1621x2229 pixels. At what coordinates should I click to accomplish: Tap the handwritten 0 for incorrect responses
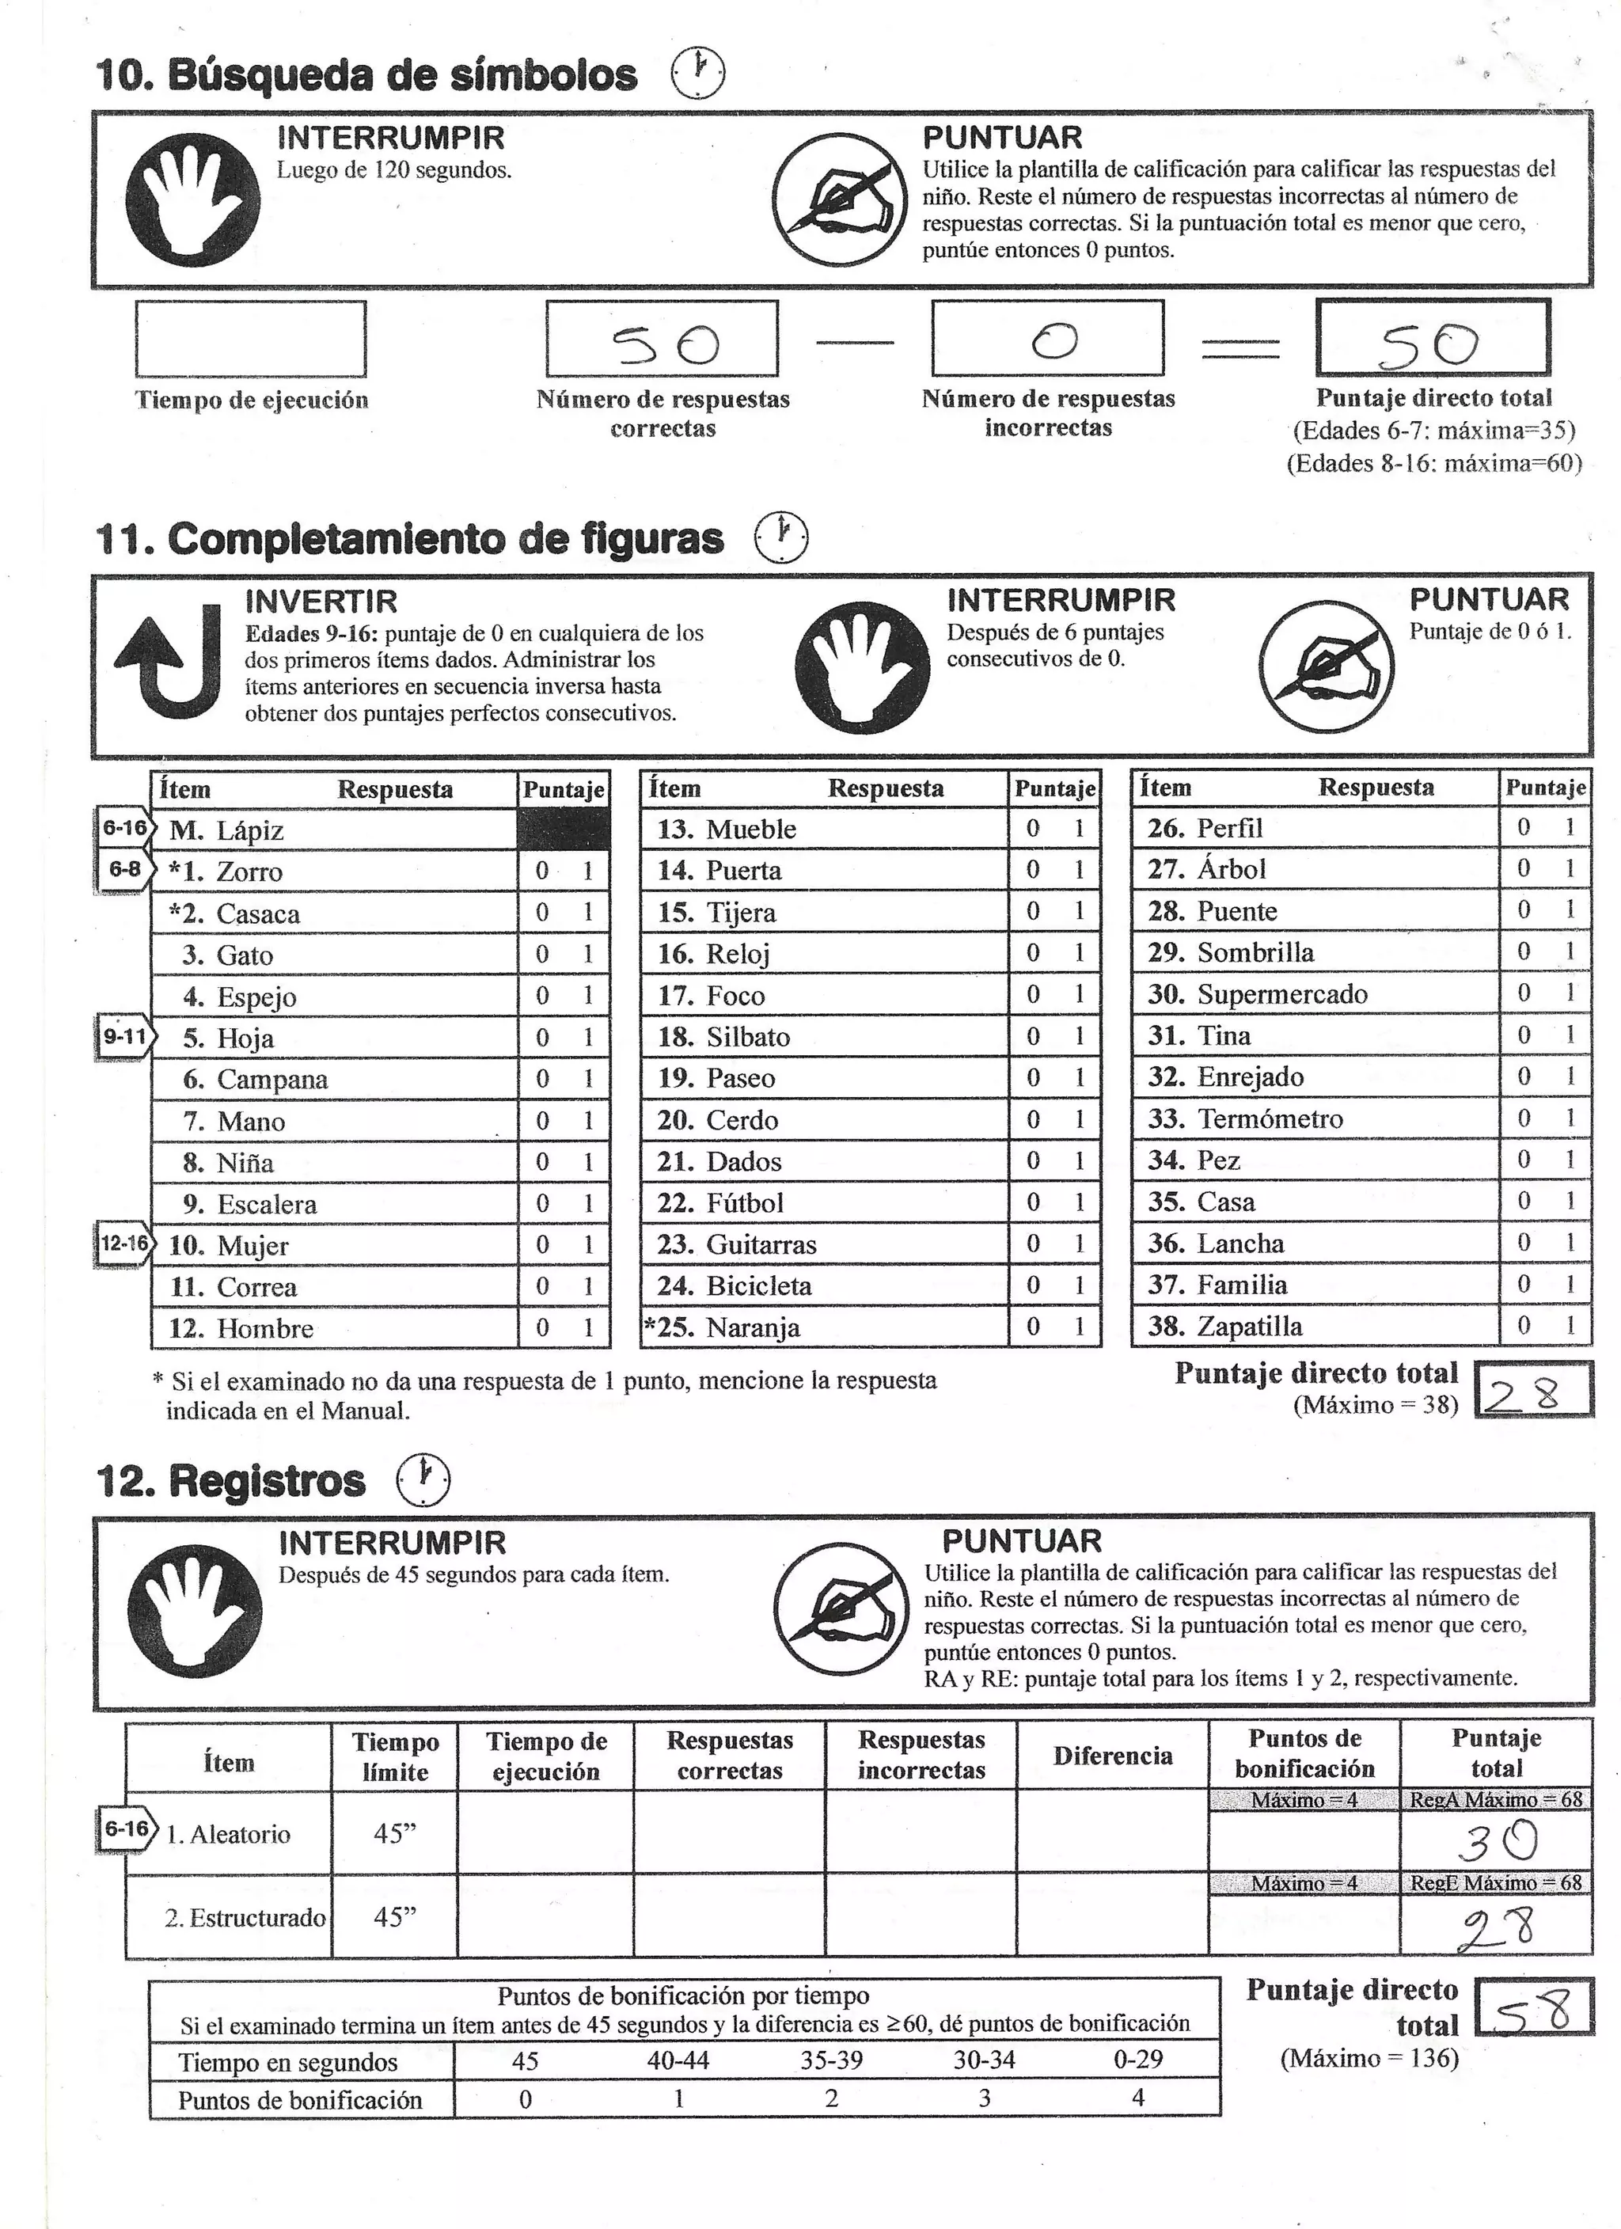click(1053, 341)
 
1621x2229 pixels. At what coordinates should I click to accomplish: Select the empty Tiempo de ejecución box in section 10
click(251, 339)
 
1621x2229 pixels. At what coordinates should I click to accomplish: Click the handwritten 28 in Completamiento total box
click(1523, 1392)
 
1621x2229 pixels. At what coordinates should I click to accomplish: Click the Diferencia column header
click(1112, 1756)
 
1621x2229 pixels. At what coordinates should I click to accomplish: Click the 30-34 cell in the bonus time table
click(983, 2060)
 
